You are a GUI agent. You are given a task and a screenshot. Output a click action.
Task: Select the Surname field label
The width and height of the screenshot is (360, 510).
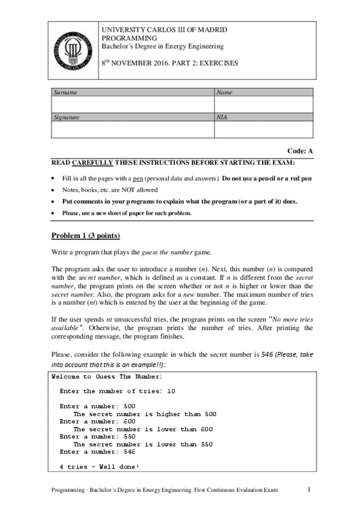coord(66,93)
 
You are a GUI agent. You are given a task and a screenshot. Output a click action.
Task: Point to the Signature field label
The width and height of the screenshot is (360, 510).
coord(67,118)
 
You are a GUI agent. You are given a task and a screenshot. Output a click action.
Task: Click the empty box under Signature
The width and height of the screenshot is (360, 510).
coord(132,130)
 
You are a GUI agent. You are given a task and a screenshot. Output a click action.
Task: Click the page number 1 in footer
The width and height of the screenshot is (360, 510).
coord(308,491)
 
